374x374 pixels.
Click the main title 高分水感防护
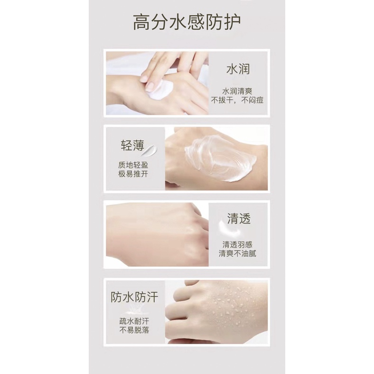(x=187, y=23)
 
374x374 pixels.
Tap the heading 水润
(x=238, y=69)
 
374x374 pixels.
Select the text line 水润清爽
(x=238, y=90)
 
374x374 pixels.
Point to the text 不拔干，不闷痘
(x=238, y=100)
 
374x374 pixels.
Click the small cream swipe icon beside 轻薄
(x=151, y=151)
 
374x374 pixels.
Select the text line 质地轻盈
(x=134, y=166)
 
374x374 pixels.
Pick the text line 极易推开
(x=134, y=175)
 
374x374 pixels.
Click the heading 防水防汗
(x=134, y=297)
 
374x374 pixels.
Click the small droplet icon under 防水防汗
(x=134, y=309)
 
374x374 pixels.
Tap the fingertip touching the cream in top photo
(x=151, y=86)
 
